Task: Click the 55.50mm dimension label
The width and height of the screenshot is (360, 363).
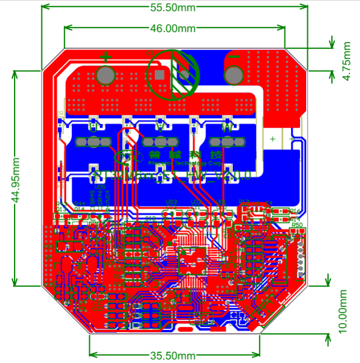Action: pyautogui.click(x=173, y=7)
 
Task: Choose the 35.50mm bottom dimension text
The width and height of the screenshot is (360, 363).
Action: pyautogui.click(x=173, y=356)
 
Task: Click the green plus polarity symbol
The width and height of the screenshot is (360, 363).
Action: pyautogui.click(x=106, y=56)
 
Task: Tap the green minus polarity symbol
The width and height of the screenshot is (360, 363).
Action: pyautogui.click(x=235, y=57)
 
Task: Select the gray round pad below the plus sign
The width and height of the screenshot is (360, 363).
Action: pyautogui.click(x=105, y=75)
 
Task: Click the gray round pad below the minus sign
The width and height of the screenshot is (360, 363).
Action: pyautogui.click(x=233, y=74)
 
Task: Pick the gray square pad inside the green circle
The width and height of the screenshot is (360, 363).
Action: pyautogui.click(x=160, y=74)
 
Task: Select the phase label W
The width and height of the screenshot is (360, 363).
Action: pyautogui.click(x=227, y=127)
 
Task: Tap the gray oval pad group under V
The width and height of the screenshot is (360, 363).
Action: pyautogui.click(x=160, y=142)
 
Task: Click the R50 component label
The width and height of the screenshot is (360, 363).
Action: pyautogui.click(x=297, y=225)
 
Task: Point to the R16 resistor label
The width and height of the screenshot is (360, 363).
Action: pyautogui.click(x=296, y=211)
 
